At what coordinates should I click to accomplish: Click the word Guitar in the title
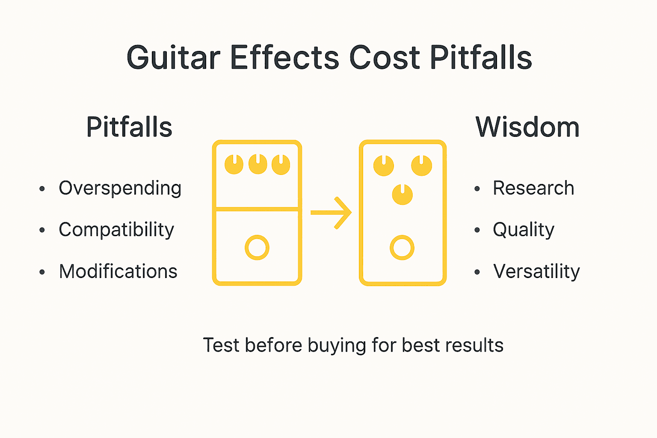click(x=173, y=58)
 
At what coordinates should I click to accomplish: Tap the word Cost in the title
click(x=385, y=58)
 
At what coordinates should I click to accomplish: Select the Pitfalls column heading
click(x=129, y=127)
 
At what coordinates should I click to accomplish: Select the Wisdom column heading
click(x=527, y=127)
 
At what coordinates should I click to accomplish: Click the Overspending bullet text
click(x=120, y=188)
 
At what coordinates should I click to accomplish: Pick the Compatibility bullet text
click(x=116, y=230)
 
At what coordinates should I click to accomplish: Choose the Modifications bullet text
click(x=118, y=271)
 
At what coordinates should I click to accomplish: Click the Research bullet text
click(x=533, y=188)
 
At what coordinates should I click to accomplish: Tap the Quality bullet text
click(x=524, y=230)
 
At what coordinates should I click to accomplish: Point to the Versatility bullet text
click(x=536, y=271)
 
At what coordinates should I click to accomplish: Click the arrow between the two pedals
click(x=331, y=213)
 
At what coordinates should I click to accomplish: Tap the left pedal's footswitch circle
click(x=257, y=248)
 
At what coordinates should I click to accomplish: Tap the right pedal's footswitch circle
click(x=402, y=248)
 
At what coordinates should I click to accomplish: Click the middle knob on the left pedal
click(x=257, y=164)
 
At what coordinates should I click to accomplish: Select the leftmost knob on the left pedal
click(x=234, y=164)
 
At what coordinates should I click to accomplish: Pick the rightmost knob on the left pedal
click(x=281, y=164)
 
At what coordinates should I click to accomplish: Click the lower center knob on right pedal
click(x=402, y=195)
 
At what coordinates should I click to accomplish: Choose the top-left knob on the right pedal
click(x=384, y=166)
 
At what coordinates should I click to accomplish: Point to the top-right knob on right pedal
click(x=421, y=166)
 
